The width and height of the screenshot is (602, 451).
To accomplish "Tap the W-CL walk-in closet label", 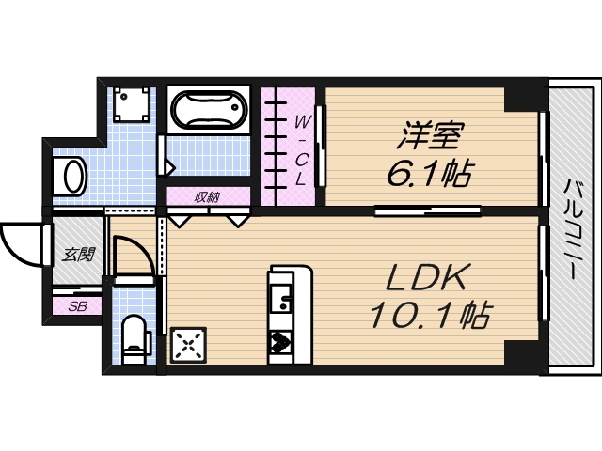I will (300, 148).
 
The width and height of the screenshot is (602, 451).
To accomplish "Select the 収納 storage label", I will (208, 196).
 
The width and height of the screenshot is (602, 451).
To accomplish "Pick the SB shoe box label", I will (75, 305).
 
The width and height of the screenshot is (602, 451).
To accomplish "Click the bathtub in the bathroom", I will (208, 112).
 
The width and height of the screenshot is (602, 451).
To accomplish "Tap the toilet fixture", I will (135, 338).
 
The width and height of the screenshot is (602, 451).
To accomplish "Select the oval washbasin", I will (71, 175).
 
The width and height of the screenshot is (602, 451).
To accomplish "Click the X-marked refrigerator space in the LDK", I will (188, 344).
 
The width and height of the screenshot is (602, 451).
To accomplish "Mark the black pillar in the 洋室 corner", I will (519, 97).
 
